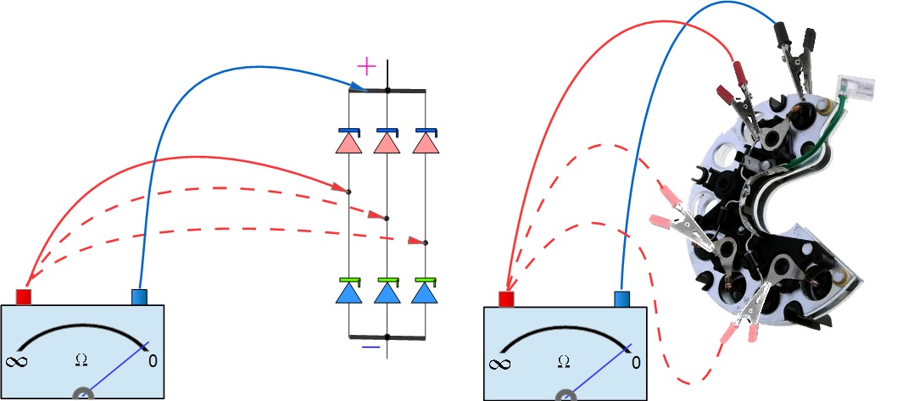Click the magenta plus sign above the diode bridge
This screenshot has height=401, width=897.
365,65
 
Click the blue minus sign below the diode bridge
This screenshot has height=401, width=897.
370,347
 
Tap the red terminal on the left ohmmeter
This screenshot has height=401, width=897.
24,296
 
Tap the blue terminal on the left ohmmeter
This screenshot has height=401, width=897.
140,297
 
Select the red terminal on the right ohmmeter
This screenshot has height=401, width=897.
507,299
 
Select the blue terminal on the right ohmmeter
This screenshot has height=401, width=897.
621,298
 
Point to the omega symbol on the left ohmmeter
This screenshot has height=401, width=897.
81,359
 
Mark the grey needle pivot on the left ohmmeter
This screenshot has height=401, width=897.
83,394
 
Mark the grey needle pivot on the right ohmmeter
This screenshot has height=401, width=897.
565,395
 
